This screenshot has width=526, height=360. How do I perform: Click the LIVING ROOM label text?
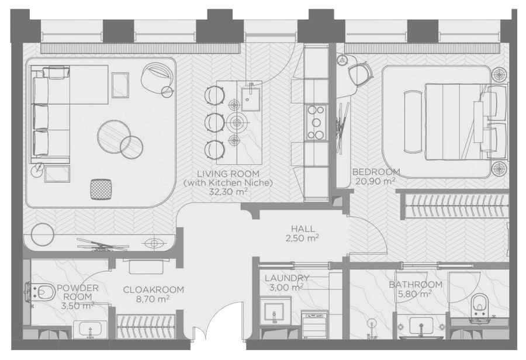[228, 174]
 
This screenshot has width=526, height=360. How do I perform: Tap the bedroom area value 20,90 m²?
[375, 182]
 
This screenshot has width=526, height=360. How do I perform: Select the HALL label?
[303, 229]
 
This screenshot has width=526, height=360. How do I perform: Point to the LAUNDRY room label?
[287, 278]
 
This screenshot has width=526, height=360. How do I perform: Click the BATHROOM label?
[416, 285]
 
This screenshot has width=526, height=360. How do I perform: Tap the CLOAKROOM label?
[153, 289]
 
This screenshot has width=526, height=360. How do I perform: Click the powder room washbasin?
[90, 329]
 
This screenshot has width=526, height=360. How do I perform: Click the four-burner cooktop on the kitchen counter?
[316, 123]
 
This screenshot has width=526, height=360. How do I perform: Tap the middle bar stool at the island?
[214, 122]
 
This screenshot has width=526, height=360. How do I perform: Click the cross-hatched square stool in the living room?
[101, 189]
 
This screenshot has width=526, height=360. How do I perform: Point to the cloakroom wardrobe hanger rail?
[146, 326]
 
